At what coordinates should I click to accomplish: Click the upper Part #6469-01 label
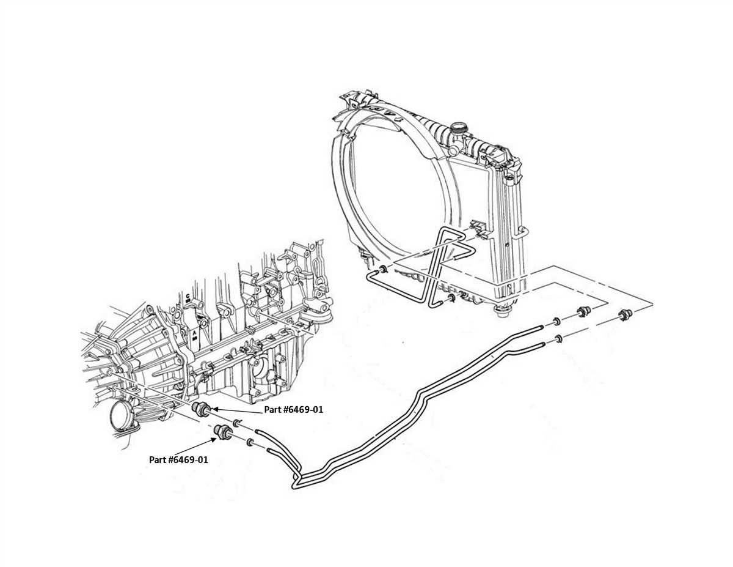coord(293,410)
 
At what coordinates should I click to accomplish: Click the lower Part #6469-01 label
coord(178,459)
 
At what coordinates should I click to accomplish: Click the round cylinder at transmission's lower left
coord(121,416)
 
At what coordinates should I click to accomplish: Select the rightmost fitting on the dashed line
coord(624,316)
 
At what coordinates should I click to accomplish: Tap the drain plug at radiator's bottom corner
coord(502,313)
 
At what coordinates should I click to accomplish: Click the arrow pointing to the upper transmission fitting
coord(238,410)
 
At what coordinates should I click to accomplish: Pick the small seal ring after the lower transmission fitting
coord(250,442)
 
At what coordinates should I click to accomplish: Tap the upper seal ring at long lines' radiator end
coord(557,322)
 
